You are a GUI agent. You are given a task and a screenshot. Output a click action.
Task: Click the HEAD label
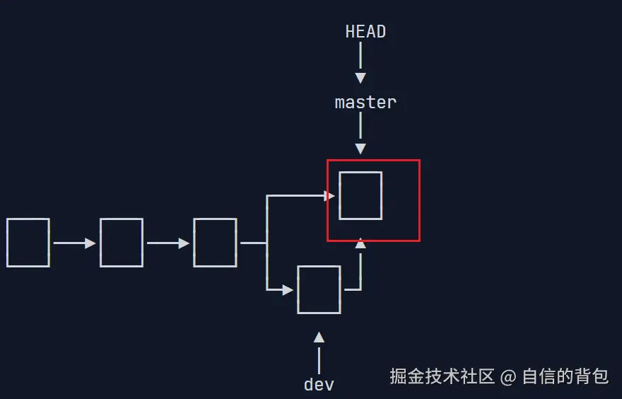365,32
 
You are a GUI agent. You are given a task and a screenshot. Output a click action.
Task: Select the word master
365,103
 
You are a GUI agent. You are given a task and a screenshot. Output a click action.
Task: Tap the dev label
319,385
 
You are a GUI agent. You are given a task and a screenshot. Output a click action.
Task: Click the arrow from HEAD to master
360,63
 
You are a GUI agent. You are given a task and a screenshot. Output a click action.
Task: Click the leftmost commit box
28,243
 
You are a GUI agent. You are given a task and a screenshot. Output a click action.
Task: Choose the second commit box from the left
122,243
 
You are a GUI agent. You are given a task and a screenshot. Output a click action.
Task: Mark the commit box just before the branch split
215,243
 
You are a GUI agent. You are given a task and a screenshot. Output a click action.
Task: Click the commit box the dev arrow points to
319,289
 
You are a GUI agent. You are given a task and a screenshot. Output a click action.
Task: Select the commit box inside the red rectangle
360,195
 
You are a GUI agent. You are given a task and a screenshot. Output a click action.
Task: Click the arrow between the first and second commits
74,243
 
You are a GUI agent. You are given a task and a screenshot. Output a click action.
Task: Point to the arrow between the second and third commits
168,243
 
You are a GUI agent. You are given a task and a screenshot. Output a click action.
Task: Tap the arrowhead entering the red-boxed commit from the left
329,195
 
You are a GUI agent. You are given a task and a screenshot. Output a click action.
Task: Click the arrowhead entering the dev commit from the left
288,289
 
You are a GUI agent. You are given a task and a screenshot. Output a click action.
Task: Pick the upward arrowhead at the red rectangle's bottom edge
360,243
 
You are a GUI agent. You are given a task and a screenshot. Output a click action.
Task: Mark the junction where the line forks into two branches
266,243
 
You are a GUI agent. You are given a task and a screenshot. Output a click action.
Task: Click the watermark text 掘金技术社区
442,376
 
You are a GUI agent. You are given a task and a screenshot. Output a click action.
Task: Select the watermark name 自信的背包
565,376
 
